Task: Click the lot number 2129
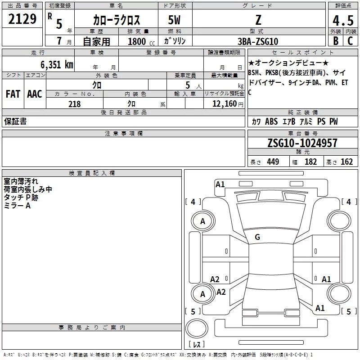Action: pos(22,19)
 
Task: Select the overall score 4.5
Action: pos(343,20)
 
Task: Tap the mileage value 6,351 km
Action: pos(57,64)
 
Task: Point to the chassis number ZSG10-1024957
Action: pos(302,143)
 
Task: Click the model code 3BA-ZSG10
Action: pos(258,41)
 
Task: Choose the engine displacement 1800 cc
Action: pos(141,41)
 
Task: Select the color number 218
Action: pos(74,104)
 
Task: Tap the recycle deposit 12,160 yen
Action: pos(228,104)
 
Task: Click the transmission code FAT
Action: pos(13,94)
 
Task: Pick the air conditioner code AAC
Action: pos(35,94)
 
